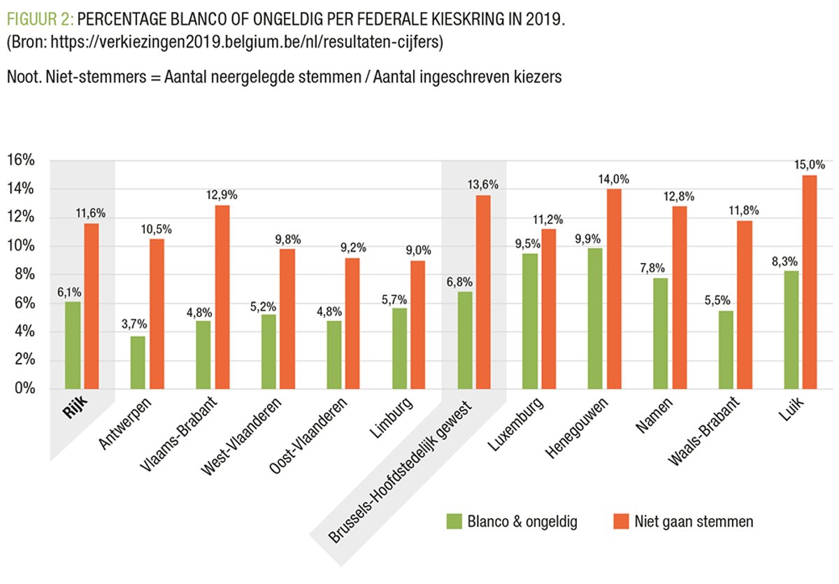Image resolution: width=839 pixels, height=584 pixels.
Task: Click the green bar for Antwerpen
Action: [x=138, y=362]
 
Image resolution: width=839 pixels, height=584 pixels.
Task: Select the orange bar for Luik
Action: [x=810, y=282]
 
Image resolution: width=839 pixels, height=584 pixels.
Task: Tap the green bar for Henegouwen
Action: [x=595, y=318]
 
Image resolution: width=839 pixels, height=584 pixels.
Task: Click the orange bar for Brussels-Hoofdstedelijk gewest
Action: [x=484, y=292]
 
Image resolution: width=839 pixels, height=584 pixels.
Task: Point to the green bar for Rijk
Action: [x=73, y=345]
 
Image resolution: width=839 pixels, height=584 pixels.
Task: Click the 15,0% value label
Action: [x=810, y=165]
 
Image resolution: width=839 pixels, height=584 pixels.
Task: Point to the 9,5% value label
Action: [x=530, y=243]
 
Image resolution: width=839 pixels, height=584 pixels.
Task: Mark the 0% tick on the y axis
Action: [x=24, y=389]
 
